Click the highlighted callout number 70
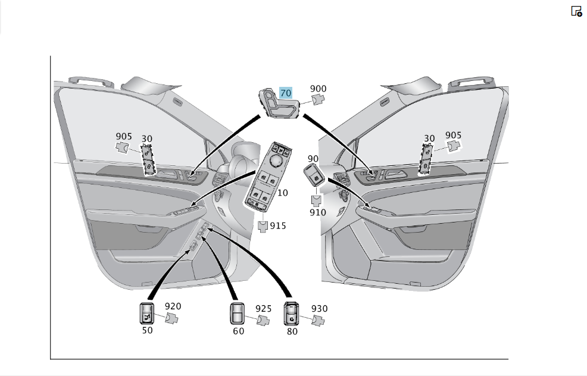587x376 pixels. point(286,93)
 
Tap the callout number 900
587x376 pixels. point(319,89)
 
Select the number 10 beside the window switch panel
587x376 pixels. point(283,193)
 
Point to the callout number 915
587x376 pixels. point(278,225)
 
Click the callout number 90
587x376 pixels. point(313,159)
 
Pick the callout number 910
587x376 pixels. point(317,212)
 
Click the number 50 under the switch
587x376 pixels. point(147,330)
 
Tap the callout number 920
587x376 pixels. point(173,306)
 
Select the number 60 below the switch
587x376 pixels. point(239,331)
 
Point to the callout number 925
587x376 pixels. point(264,309)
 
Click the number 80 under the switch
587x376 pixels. point(292,331)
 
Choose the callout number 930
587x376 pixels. point(319,309)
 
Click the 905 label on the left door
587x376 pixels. point(124,136)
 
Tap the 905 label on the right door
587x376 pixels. point(454,135)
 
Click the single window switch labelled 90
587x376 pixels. point(314,175)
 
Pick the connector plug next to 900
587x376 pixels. point(319,100)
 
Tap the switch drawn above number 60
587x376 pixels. point(237,314)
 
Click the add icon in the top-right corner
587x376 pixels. point(576,11)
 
